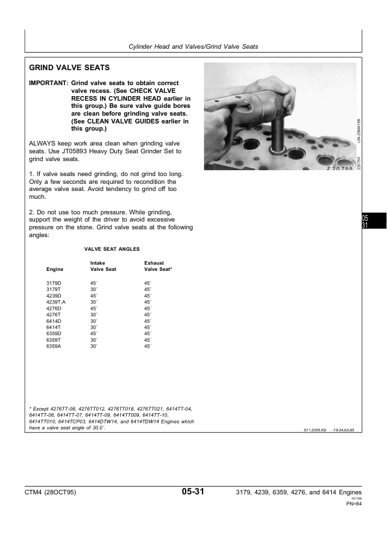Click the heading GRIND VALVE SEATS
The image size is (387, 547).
click(69, 68)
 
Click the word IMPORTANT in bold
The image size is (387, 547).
click(48, 84)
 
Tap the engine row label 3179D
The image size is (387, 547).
click(54, 283)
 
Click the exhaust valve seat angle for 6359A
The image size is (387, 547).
click(147, 346)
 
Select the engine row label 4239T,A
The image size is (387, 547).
click(56, 302)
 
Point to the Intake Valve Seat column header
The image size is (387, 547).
click(103, 266)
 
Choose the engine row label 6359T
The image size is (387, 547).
click(54, 340)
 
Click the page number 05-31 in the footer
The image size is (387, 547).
click(193, 492)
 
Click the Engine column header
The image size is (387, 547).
click(55, 269)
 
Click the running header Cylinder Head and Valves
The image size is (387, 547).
click(193, 47)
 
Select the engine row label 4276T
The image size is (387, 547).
click(54, 314)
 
